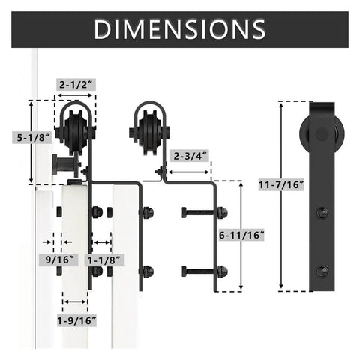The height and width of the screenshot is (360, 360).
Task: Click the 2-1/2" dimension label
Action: (76, 85)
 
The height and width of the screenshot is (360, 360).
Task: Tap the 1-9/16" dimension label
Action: (76, 319)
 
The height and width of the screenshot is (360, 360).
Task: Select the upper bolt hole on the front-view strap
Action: (323, 212)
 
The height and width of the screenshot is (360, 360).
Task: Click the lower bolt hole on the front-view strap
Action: (323, 269)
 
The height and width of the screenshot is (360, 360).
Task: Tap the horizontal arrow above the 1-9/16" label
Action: (76, 303)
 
